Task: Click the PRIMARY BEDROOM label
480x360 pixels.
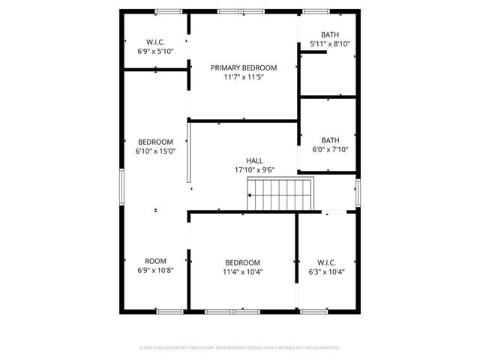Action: pyautogui.click(x=243, y=67)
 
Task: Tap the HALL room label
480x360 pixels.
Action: pyautogui.click(x=254, y=160)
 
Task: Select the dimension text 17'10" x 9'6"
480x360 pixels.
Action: pyautogui.click(x=254, y=170)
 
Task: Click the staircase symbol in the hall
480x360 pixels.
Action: pyautogui.click(x=280, y=196)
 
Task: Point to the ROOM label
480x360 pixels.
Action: pyautogui.click(x=155, y=261)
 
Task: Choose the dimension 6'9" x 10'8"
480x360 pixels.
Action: pyautogui.click(x=155, y=271)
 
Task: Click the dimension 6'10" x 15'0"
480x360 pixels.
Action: pyautogui.click(x=155, y=151)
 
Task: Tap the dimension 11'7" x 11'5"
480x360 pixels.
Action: pyautogui.click(x=243, y=77)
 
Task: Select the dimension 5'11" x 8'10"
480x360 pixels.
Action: pyautogui.click(x=330, y=44)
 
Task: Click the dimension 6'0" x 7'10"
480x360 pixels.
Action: pyautogui.click(x=330, y=149)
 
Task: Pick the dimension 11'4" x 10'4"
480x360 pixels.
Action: pyautogui.click(x=243, y=272)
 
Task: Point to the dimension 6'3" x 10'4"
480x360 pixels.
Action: pyautogui.click(x=326, y=272)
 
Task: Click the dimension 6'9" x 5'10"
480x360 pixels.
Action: pyautogui.click(x=155, y=51)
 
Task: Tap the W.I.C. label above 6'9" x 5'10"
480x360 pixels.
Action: pyautogui.click(x=155, y=41)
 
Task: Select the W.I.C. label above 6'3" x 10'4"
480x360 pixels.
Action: pyautogui.click(x=326, y=262)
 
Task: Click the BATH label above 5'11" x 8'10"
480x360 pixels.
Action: pyautogui.click(x=330, y=34)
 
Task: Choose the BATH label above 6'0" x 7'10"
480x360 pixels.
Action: pyautogui.click(x=330, y=139)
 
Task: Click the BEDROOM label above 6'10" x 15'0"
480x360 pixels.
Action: pyautogui.click(x=155, y=142)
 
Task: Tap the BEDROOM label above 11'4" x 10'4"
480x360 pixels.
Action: pyautogui.click(x=243, y=262)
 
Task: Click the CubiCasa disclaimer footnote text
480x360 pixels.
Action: pyautogui.click(x=240, y=347)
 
